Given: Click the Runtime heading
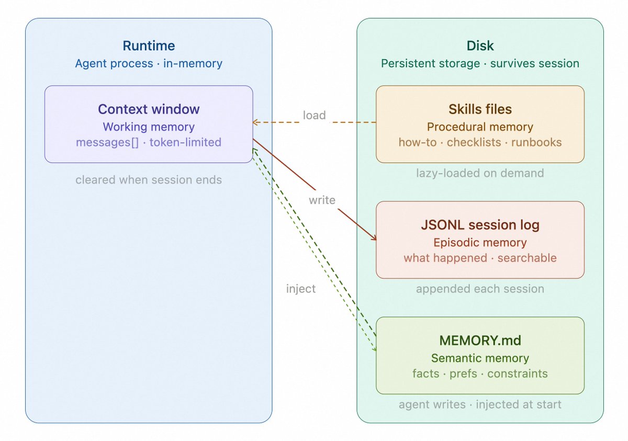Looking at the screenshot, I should [x=149, y=46].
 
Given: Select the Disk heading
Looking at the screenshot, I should [x=480, y=46].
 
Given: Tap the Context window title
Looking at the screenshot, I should [x=149, y=109].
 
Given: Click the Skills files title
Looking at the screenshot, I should [x=480, y=109].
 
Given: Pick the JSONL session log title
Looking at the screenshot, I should [x=480, y=225].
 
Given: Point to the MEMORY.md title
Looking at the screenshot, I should [x=480, y=341].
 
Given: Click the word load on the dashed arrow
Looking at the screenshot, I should [x=314, y=115].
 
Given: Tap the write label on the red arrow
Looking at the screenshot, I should [x=322, y=200].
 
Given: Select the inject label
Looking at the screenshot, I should [x=301, y=289].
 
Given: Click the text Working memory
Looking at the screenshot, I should [x=149, y=127].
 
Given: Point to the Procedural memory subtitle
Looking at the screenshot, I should [x=480, y=127].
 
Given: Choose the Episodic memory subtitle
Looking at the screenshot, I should [x=480, y=243].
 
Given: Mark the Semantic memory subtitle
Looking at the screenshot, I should [x=480, y=358].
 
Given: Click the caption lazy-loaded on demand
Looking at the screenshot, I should [x=480, y=173].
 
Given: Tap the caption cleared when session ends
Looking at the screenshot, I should [x=149, y=180].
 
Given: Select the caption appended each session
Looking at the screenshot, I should [x=480, y=289].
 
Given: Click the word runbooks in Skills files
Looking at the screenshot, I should [x=536, y=142].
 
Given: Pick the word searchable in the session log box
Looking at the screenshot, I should [x=527, y=258].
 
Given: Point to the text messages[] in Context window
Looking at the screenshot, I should [x=107, y=142].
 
